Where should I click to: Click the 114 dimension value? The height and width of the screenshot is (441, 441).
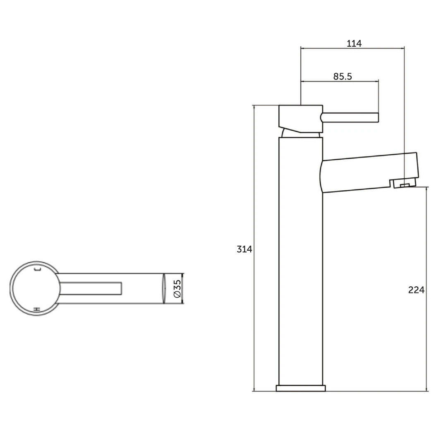click(x=354, y=43)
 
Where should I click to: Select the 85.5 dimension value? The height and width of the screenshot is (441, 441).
click(x=342, y=77)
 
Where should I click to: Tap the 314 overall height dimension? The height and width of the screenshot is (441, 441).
click(x=244, y=249)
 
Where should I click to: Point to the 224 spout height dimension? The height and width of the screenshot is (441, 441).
click(x=416, y=290)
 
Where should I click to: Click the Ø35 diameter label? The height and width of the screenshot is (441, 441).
click(x=177, y=288)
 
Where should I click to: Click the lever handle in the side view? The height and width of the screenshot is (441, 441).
click(x=350, y=117)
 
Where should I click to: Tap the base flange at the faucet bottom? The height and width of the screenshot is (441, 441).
click(x=301, y=388)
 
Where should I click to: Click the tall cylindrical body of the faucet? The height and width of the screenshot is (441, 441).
click(x=300, y=261)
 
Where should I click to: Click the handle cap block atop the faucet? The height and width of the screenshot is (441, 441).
click(x=300, y=118)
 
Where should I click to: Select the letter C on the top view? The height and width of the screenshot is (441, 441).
click(x=38, y=270)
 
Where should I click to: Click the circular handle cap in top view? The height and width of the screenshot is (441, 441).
click(x=33, y=288)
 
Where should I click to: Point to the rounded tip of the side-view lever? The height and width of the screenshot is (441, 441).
click(x=322, y=117)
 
